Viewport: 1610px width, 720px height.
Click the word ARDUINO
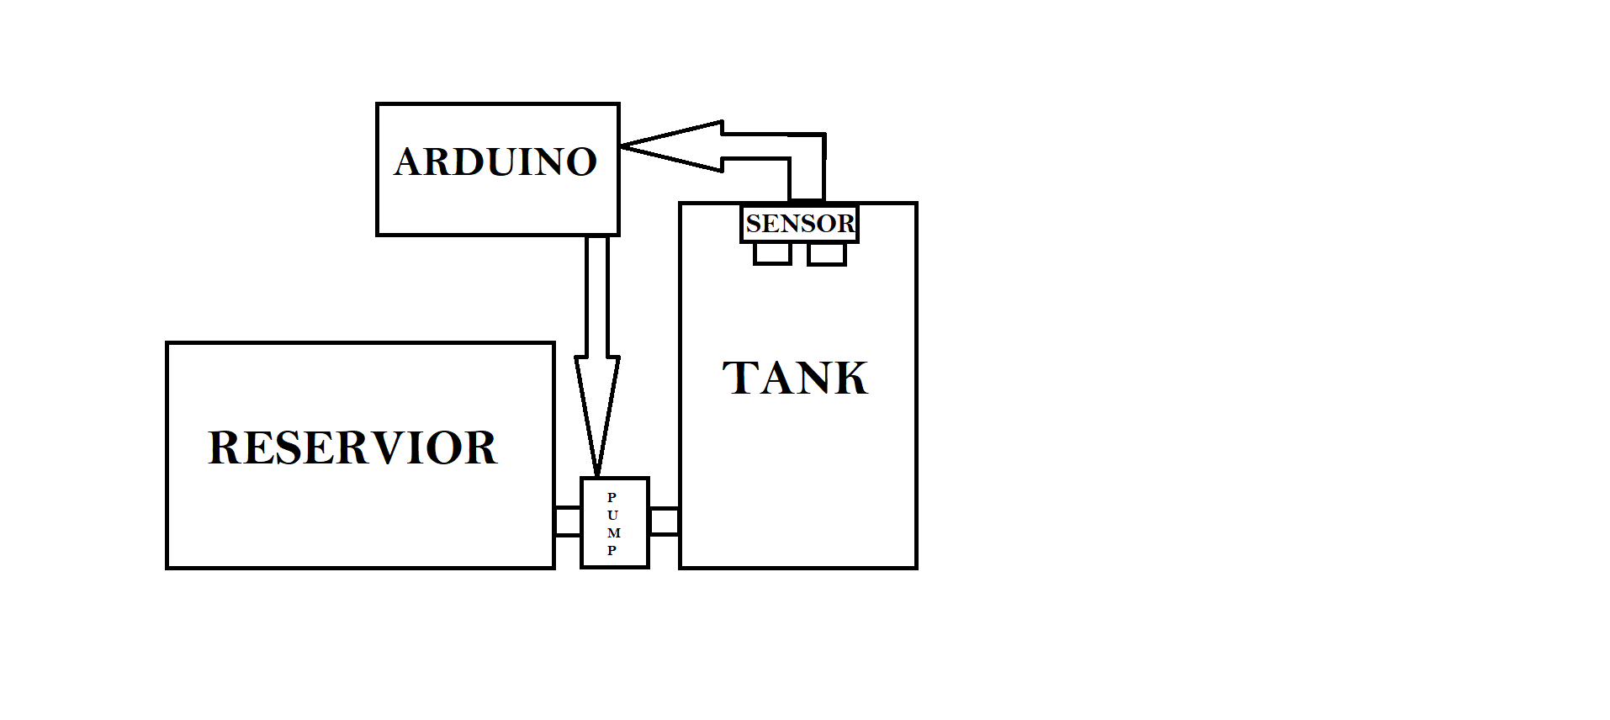point(495,161)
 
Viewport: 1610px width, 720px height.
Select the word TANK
point(795,378)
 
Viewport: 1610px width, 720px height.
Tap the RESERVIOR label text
point(352,447)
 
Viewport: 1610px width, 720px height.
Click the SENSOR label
point(799,224)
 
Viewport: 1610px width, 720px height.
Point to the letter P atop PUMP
point(612,497)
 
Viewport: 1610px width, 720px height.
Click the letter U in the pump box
point(612,515)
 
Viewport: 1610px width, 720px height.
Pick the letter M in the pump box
point(613,532)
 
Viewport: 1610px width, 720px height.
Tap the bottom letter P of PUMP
point(612,550)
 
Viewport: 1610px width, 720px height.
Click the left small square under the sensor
point(772,253)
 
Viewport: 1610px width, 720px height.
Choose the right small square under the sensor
point(826,253)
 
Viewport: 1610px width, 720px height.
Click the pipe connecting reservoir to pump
point(568,521)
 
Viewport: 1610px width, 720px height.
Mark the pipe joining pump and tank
point(664,521)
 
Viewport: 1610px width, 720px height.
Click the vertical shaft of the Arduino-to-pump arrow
point(597,294)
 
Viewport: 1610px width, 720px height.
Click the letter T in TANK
point(741,378)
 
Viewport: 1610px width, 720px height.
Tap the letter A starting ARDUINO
point(409,161)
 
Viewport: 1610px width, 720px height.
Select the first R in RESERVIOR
point(224,447)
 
